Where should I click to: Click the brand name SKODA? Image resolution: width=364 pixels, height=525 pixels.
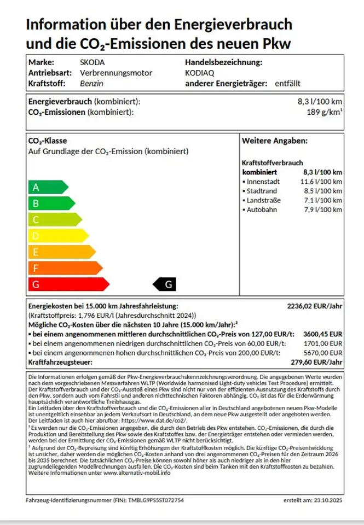(x=93, y=62)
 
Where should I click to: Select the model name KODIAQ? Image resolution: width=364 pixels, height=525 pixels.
(x=200, y=73)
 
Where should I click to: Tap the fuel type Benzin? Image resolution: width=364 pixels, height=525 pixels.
(x=91, y=84)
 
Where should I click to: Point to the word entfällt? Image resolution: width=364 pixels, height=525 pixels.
(x=287, y=84)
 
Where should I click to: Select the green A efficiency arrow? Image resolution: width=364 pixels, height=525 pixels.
(x=47, y=187)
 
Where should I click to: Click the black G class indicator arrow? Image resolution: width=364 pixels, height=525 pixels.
(x=165, y=284)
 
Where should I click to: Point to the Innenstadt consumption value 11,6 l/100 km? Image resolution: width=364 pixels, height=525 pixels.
(x=322, y=182)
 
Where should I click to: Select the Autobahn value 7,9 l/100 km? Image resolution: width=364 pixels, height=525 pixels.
(x=323, y=210)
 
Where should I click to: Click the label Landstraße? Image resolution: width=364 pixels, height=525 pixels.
(x=264, y=201)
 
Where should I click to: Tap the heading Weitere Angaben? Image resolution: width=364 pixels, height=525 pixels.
(x=275, y=141)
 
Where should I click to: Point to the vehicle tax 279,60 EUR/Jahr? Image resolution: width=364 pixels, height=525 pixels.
(x=317, y=362)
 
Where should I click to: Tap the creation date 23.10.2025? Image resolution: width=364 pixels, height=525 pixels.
(x=326, y=500)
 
